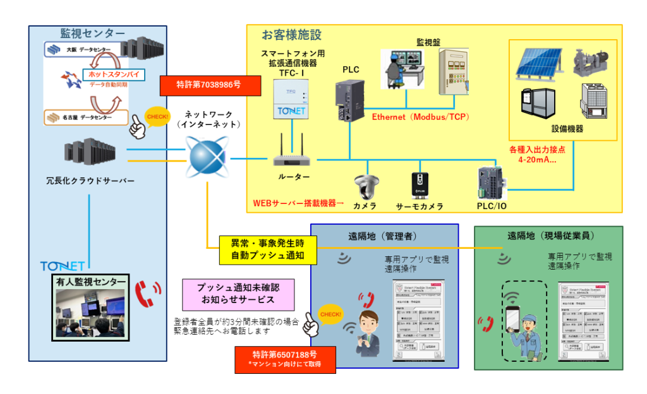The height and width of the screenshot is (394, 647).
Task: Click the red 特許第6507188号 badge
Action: click(285, 359)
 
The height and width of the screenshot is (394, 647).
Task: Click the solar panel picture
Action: click(537, 66)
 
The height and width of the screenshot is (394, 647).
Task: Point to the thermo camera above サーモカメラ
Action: click(419, 186)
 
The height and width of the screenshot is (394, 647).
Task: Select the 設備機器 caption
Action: click(567, 128)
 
